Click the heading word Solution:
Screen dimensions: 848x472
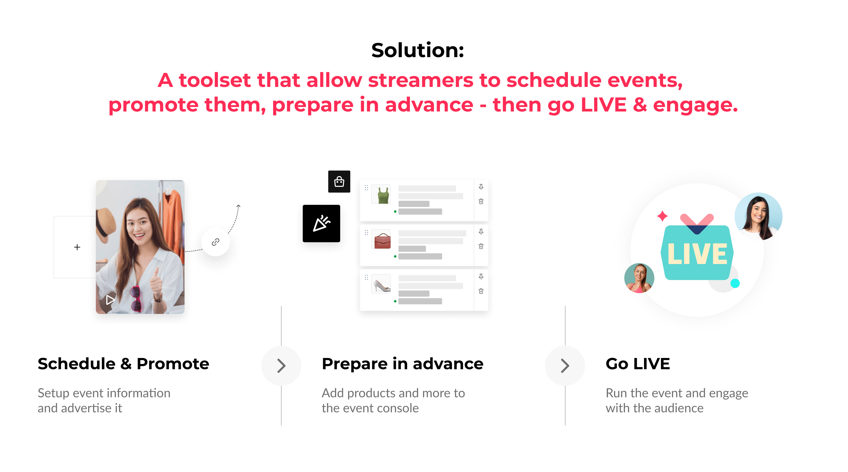[417, 50]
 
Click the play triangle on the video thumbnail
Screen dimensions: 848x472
[110, 300]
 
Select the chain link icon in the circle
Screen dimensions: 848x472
[216, 242]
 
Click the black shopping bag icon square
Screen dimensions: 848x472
[339, 181]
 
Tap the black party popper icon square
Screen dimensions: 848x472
[321, 223]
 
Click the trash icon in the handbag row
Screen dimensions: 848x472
[481, 246]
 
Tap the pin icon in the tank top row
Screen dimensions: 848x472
[481, 187]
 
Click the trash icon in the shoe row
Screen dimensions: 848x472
[481, 291]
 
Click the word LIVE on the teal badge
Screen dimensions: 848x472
[697, 254]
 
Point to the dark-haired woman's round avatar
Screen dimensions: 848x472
[759, 216]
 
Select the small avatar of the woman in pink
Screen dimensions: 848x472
[639, 278]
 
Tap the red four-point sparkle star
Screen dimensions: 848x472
[662, 216]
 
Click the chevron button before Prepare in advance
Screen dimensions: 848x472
[281, 366]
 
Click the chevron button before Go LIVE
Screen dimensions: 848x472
[565, 366]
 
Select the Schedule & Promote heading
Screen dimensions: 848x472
[124, 364]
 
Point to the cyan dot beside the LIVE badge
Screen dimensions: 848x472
[735, 283]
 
